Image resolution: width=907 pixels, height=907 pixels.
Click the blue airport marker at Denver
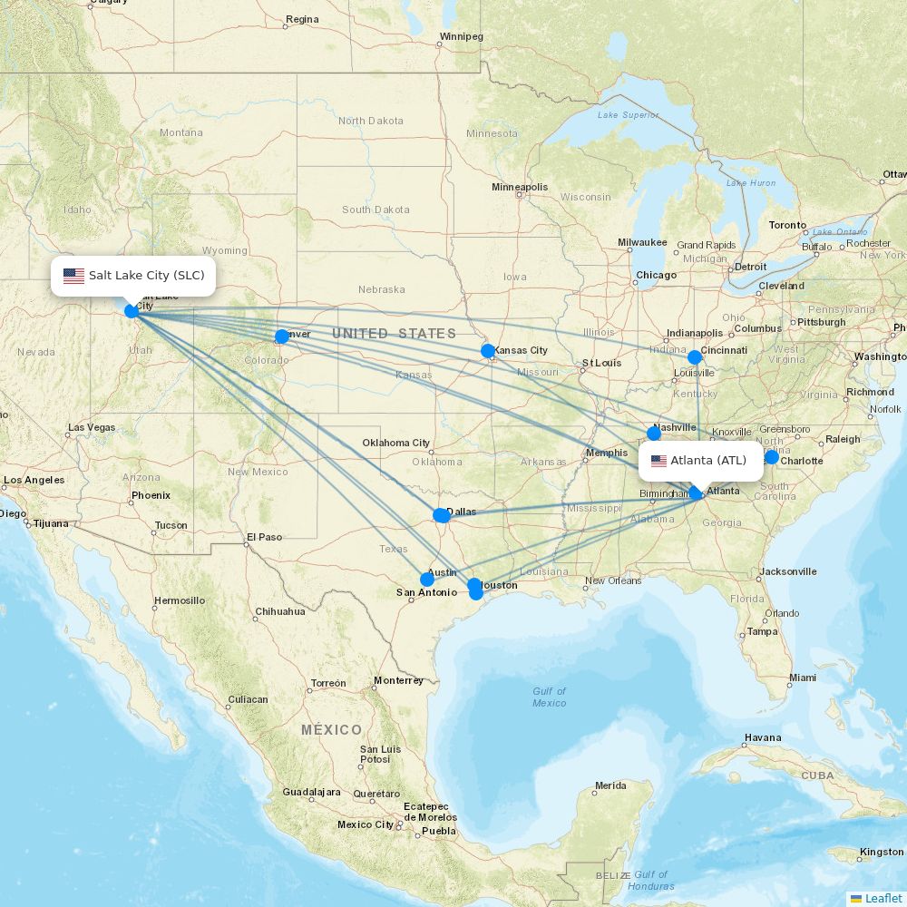click(281, 336)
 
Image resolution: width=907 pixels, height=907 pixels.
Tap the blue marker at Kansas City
click(488, 351)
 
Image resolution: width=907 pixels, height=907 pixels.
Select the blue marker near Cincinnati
click(695, 357)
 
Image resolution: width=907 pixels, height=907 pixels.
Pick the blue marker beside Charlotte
click(772, 457)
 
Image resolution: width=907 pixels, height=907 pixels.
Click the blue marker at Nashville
click(654, 434)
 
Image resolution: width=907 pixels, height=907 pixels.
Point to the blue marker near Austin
click(427, 580)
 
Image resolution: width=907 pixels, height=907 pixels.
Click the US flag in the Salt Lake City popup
click(73, 276)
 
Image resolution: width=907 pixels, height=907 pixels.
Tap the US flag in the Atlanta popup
click(658, 461)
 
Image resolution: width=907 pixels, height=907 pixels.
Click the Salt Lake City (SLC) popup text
click(146, 275)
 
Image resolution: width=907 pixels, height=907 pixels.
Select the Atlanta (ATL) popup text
click(708, 461)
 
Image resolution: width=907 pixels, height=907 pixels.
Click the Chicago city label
click(656, 275)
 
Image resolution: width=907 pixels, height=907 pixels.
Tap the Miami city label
click(802, 678)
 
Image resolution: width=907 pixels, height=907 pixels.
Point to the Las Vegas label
click(92, 427)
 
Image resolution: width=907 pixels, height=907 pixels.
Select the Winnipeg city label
click(461, 37)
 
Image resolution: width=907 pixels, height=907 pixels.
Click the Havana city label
click(762, 737)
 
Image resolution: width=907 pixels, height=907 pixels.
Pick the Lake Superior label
click(629, 115)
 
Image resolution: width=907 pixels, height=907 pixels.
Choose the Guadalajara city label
click(311, 792)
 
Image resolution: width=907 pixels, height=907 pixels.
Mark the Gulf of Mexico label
click(549, 697)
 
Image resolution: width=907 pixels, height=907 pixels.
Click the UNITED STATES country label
click(394, 334)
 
